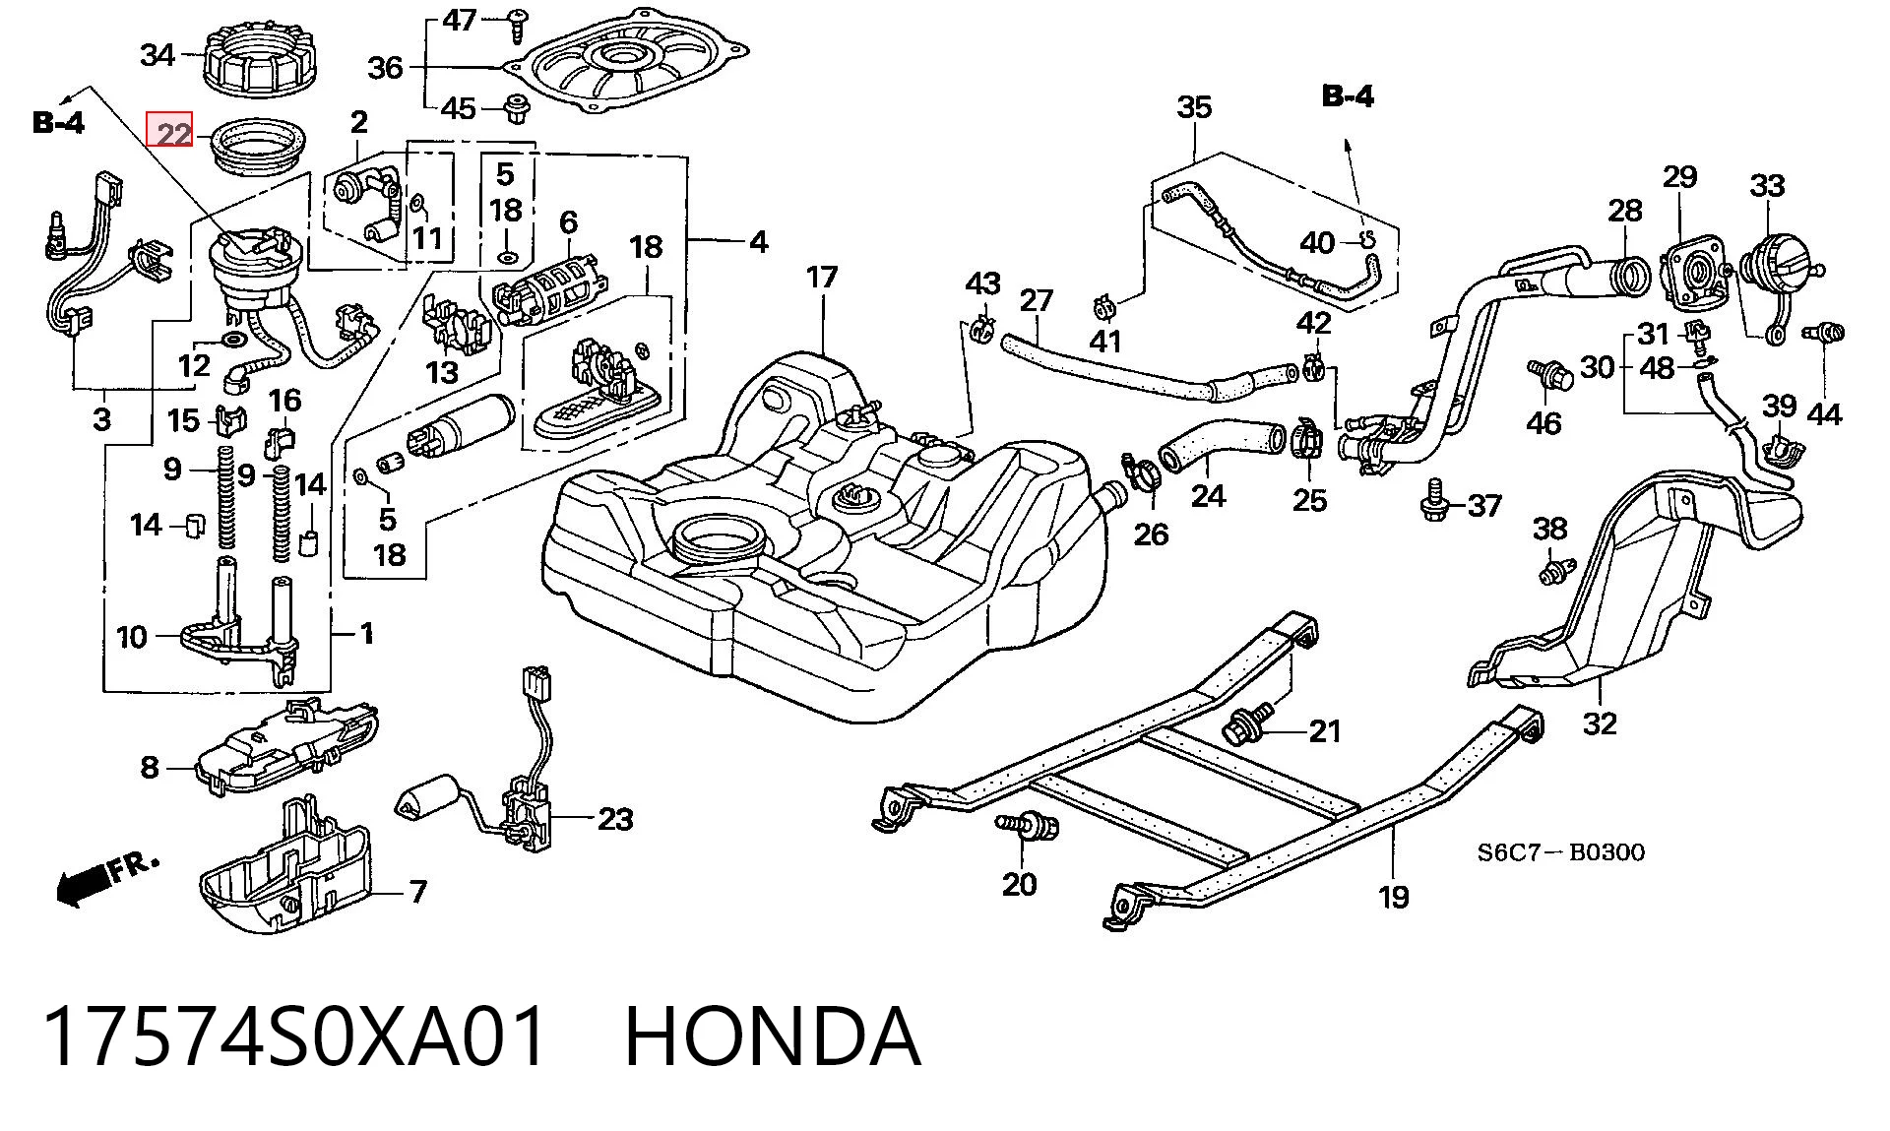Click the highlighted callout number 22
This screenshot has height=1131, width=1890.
pos(173,133)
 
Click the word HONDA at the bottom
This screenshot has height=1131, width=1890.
pos(773,1037)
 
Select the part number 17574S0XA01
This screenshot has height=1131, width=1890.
pos(294,1037)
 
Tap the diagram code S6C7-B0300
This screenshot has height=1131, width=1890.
pos(1560,852)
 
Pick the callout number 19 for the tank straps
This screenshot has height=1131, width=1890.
pos(1393,897)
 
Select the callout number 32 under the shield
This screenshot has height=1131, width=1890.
pos(1600,723)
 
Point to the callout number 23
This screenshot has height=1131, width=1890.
pos(615,819)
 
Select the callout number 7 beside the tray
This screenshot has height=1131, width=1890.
pos(418,892)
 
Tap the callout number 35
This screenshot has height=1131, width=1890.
pos(1194,107)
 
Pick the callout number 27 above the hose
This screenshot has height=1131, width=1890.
pos(1036,299)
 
